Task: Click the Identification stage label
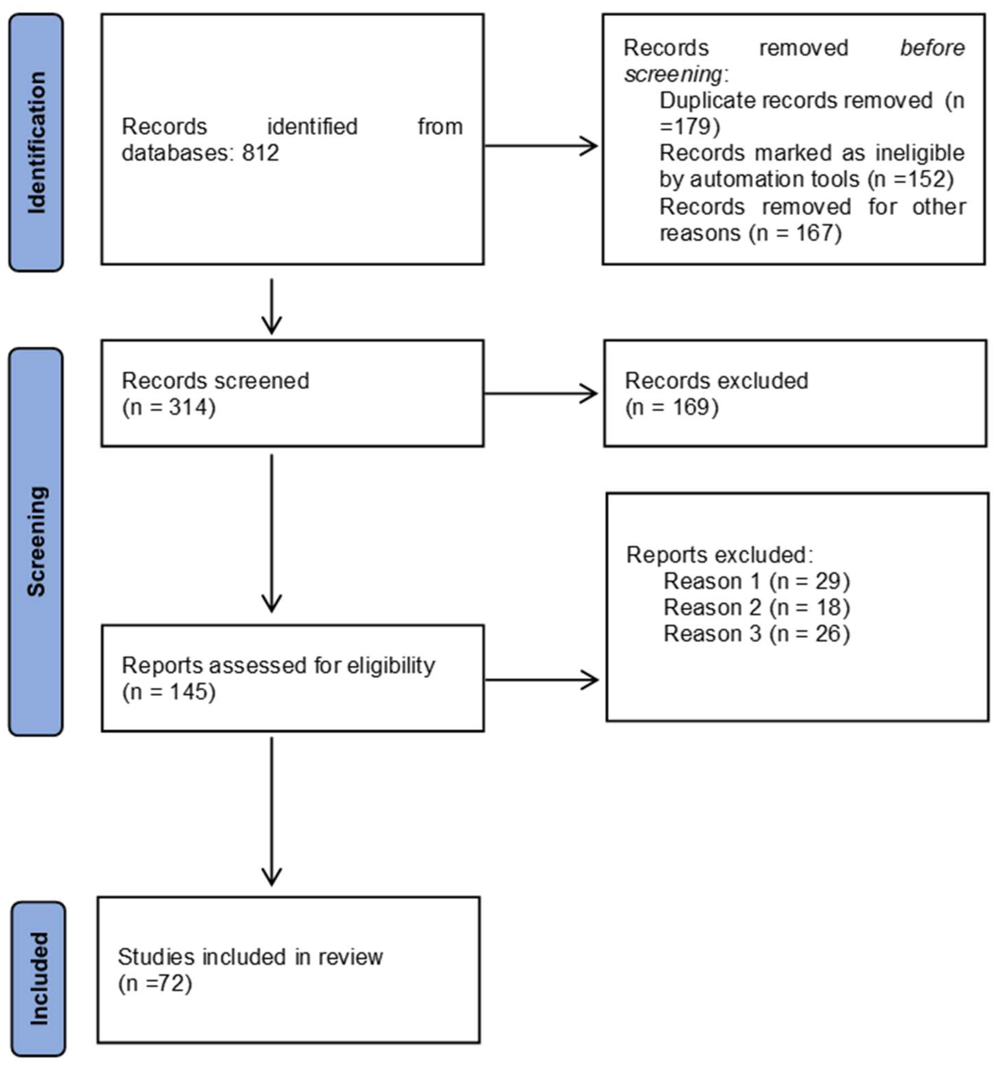(36, 143)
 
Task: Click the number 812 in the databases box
(261, 153)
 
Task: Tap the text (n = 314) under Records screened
(169, 408)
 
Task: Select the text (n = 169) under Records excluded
(672, 408)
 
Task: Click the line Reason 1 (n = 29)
(756, 581)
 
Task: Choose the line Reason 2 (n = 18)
(756, 607)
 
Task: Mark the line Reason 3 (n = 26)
(756, 634)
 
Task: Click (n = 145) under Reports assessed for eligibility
(169, 692)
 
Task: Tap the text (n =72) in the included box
(155, 983)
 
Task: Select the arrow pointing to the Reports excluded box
(541, 680)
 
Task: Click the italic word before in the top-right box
(932, 48)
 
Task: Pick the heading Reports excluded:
(719, 555)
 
